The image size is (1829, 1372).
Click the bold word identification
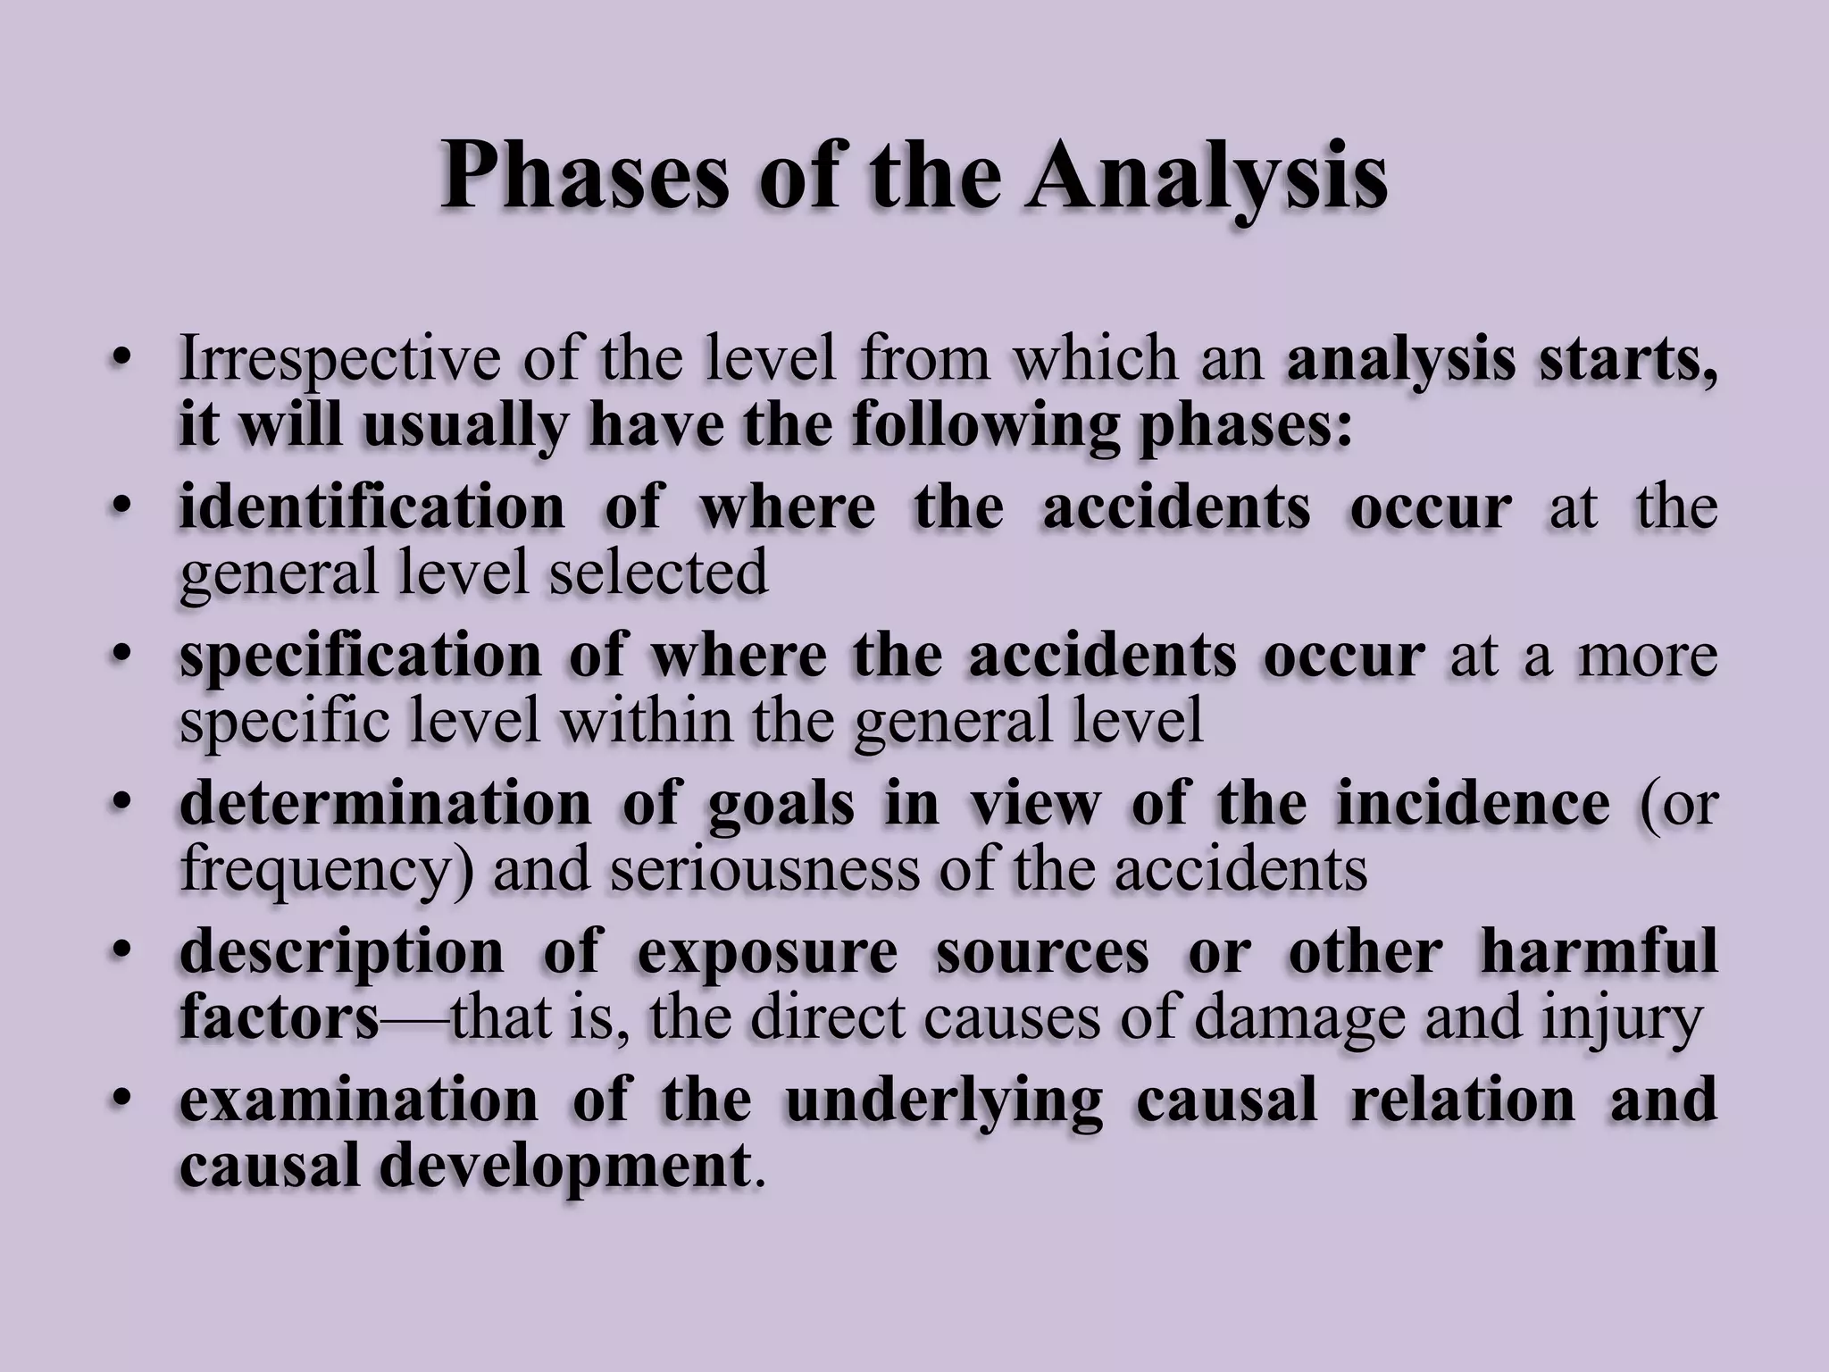372,506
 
